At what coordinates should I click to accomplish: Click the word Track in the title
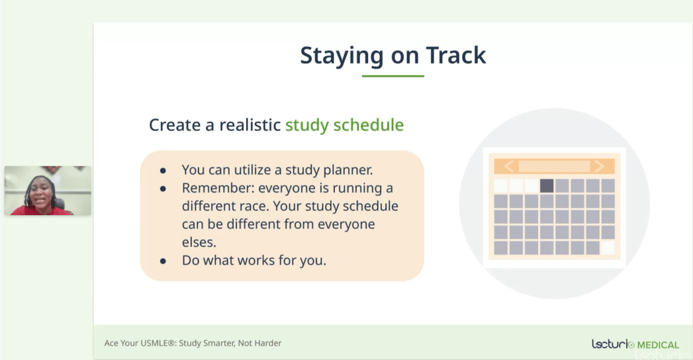455,55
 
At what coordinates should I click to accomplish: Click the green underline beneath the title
393,76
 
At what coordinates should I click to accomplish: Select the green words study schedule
344,125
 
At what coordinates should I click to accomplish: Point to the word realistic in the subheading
250,125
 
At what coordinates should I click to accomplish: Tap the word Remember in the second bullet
218,188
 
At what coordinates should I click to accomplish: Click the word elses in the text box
199,242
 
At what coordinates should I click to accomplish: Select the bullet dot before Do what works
163,261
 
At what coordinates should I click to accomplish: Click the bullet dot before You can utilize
163,171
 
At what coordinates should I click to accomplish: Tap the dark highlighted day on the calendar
547,185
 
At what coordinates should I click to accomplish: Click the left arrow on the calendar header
509,166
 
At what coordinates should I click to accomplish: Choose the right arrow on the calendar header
599,166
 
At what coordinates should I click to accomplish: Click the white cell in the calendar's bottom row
608,247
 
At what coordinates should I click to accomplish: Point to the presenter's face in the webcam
40,195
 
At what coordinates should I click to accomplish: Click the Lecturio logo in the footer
612,344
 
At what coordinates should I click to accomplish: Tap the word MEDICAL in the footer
658,345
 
